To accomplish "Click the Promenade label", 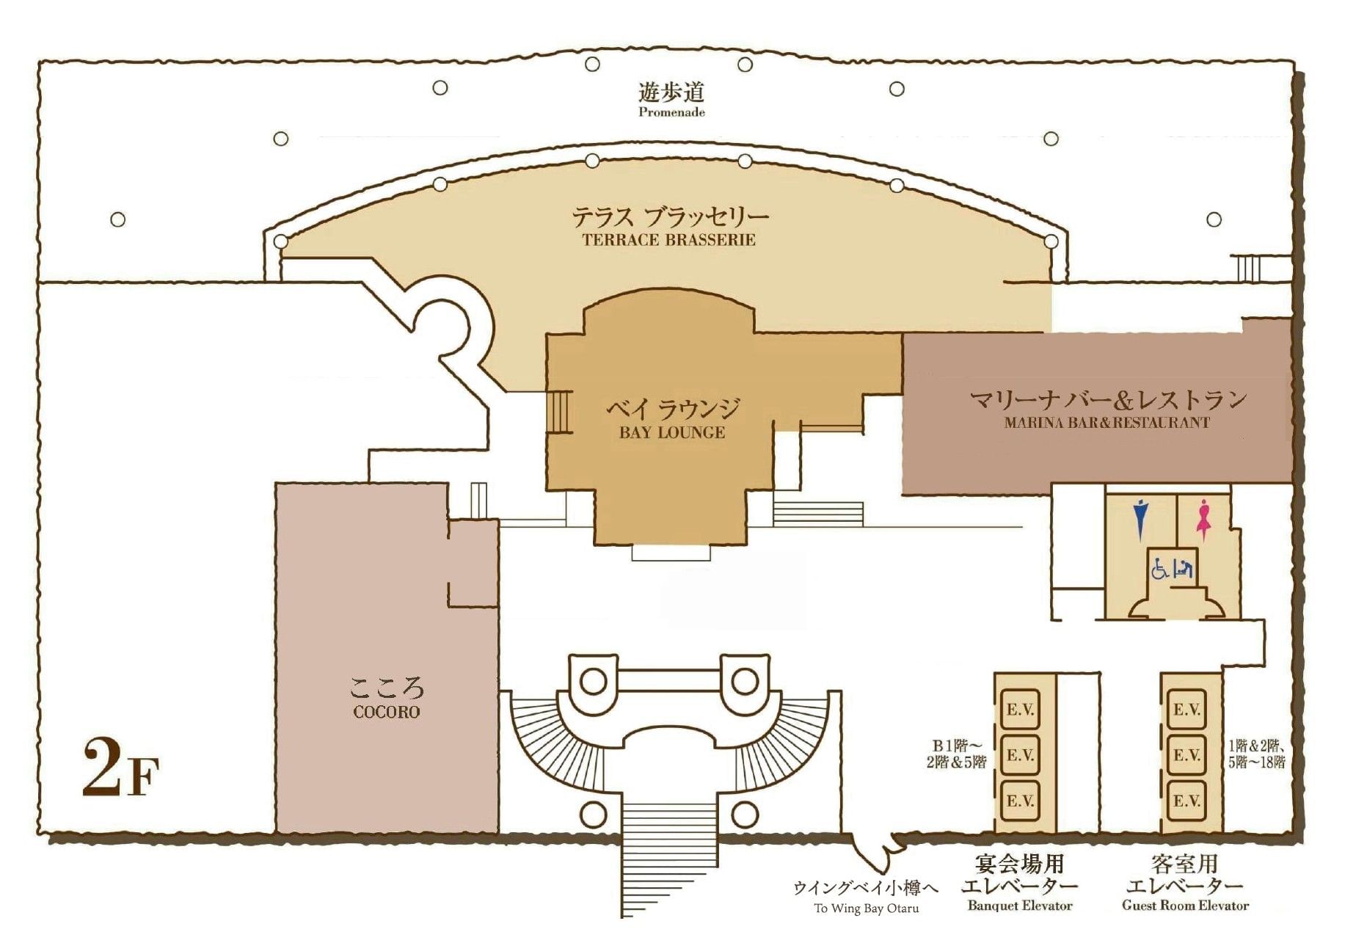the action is point(671,112).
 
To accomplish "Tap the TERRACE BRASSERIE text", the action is point(668,239).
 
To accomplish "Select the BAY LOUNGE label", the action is point(672,432).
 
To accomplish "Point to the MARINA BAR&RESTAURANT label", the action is point(1107,423).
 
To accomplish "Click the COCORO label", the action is point(387,712).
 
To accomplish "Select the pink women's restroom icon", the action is point(1203,518).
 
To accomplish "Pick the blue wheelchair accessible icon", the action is point(1161,569).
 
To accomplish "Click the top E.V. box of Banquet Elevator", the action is point(1020,710).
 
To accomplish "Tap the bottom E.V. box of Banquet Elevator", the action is point(1020,801).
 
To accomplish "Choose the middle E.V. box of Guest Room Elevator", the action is point(1187,755).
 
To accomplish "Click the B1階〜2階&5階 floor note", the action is point(955,755).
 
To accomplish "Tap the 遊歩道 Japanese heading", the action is point(671,92).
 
